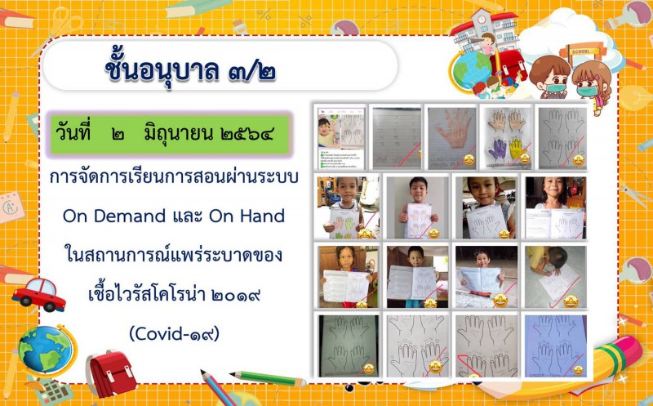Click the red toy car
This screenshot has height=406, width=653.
pos(38,295)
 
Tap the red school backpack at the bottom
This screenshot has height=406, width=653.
pos(110,373)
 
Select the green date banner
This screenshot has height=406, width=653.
pos(170,134)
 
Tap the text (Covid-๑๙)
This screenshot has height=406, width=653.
pos(174,333)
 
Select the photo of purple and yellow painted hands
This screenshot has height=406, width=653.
pos(506,138)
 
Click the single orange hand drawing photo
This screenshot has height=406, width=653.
pos(452,138)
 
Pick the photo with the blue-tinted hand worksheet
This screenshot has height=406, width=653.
pos(556,346)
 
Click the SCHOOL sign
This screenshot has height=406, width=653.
pos(582,51)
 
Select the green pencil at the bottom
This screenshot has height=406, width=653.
pos(269,377)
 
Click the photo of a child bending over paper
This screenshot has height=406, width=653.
pos(556,276)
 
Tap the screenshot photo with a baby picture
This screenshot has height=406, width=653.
pos(340,138)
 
